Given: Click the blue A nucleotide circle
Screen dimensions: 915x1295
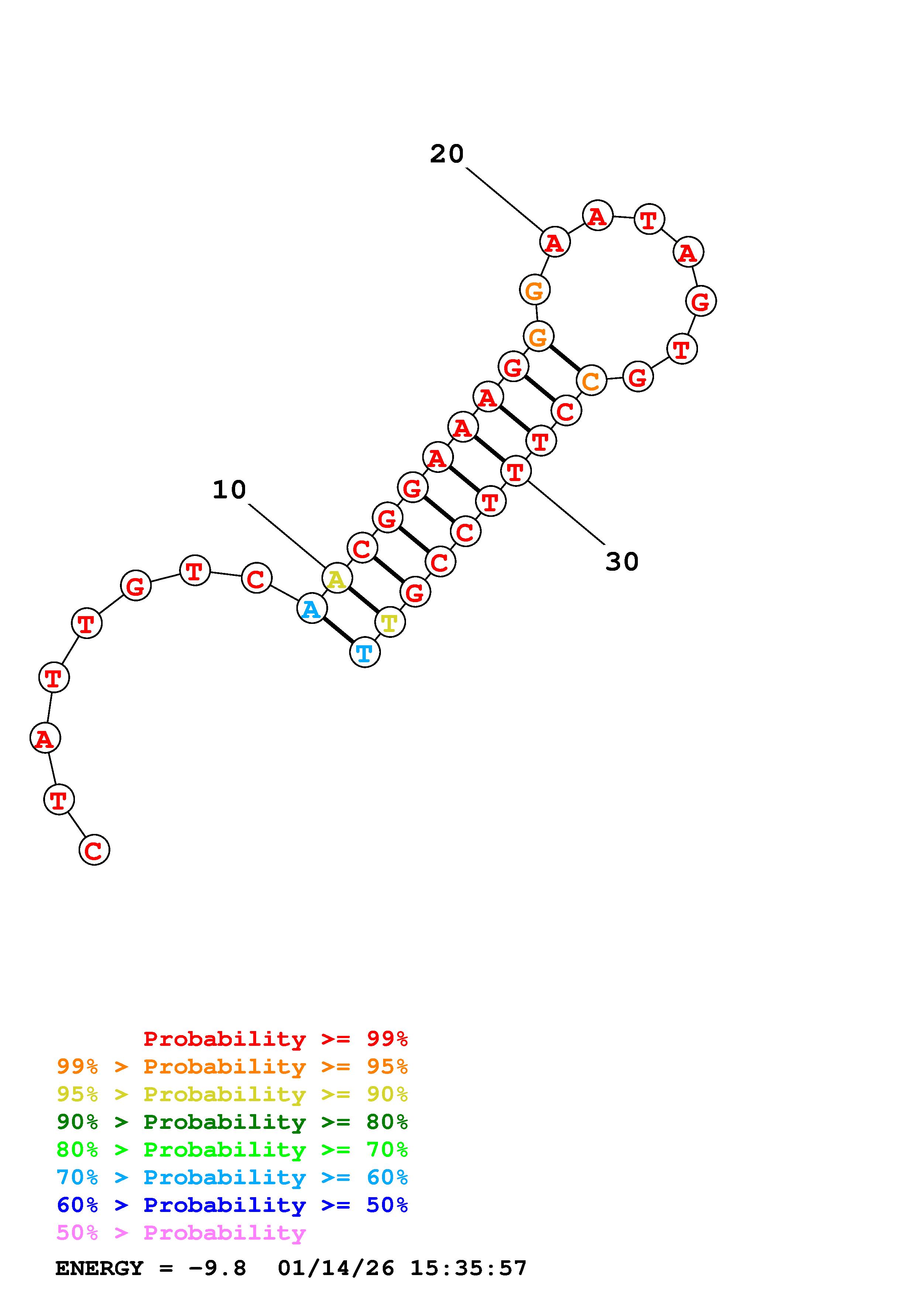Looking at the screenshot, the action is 311,609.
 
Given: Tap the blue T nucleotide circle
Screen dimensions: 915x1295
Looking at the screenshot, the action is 365,653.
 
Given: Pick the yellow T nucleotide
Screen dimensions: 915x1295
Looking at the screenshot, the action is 389,622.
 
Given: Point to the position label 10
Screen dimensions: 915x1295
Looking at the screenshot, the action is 229,490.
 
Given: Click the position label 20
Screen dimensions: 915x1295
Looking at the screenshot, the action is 447,154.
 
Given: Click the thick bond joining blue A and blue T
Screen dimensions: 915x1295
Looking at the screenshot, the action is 338,631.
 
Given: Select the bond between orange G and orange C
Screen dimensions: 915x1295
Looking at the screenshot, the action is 564,359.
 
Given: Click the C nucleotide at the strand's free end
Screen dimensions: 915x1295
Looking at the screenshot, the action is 94,850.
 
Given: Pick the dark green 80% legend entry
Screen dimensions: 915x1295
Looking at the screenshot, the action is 232,1122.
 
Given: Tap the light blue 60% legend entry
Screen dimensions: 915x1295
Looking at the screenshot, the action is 232,1177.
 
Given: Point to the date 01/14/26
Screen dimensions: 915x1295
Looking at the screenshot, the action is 336,1268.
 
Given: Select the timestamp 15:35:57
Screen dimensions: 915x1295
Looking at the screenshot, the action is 468,1268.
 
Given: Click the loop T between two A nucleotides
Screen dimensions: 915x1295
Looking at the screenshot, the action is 649,219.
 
